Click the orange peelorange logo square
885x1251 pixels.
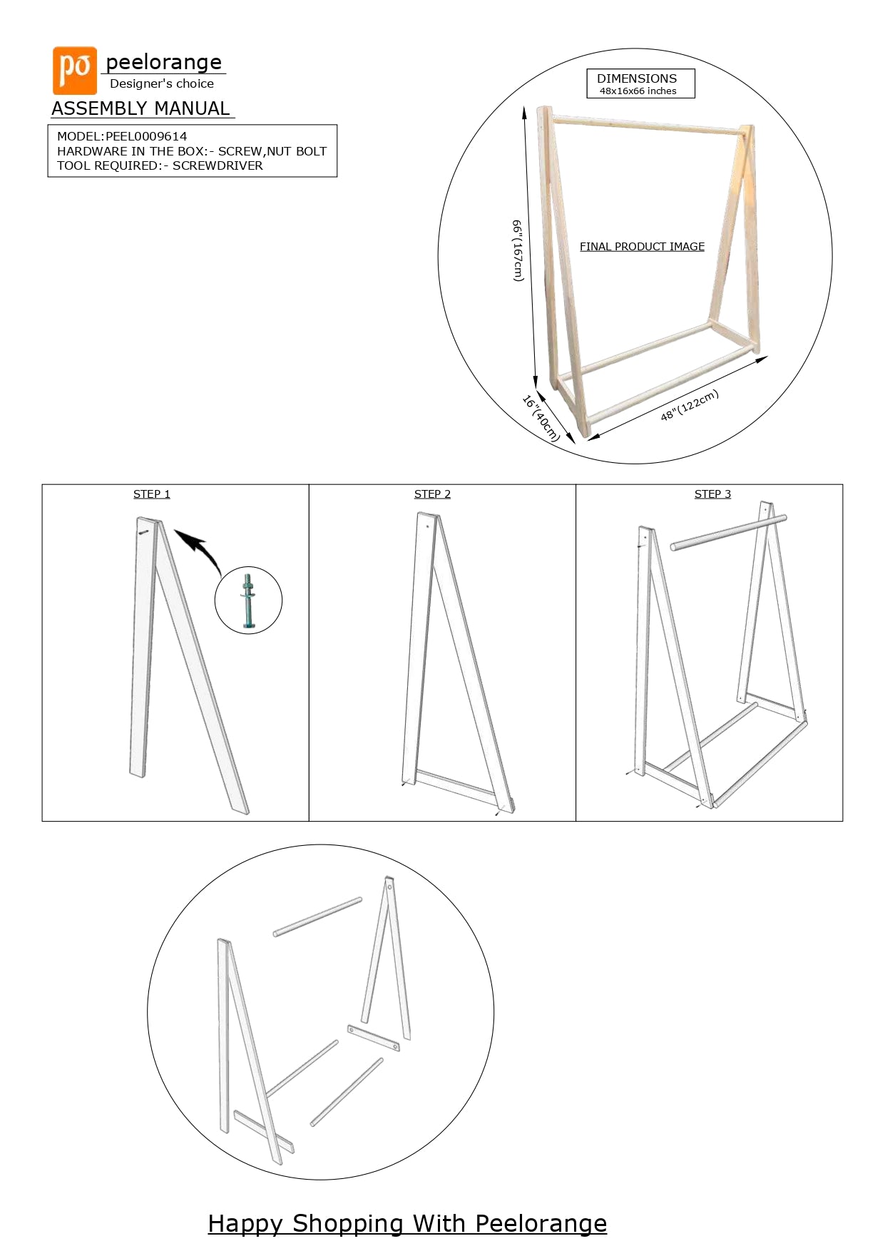75,71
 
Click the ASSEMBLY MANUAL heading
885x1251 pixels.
140,108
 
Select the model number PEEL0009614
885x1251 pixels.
146,136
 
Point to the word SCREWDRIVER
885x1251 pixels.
218,165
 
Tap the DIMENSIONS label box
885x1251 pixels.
640,83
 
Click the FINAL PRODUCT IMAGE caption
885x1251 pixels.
642,247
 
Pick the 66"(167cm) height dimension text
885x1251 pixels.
518,250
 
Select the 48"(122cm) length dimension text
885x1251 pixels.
689,405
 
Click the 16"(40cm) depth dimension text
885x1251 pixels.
541,419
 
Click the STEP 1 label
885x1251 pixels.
152,494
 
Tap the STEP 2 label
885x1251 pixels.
432,494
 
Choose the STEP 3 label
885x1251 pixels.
712,494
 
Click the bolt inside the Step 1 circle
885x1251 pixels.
248,601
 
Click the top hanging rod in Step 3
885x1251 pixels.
728,533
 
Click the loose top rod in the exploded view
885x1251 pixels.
317,917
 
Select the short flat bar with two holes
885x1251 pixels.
374,1038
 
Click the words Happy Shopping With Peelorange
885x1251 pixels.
407,1224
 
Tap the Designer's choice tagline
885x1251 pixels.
162,83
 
